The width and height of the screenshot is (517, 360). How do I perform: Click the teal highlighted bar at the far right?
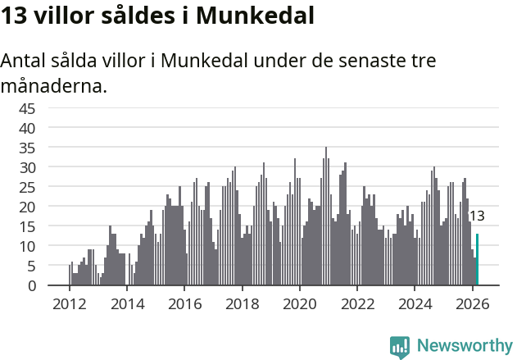[477, 260]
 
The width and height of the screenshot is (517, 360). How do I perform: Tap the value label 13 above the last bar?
[476, 216]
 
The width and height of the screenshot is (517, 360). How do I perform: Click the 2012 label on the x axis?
[69, 303]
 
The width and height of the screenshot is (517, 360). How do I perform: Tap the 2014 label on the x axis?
[126, 303]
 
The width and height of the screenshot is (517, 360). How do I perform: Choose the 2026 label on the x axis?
[472, 303]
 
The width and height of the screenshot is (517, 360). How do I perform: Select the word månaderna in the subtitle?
[53, 85]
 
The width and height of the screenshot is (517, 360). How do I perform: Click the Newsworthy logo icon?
[400, 346]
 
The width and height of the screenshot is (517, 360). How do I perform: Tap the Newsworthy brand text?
[464, 346]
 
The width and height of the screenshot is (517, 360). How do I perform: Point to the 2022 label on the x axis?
[357, 303]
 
